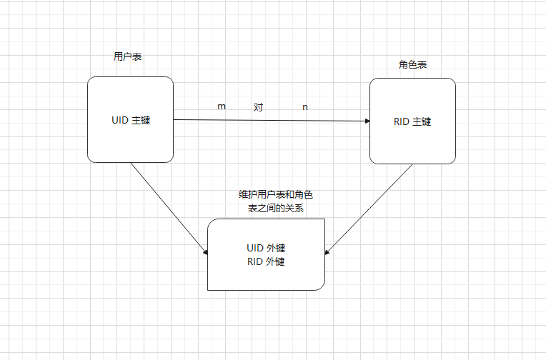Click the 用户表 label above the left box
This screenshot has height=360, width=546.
tap(127, 56)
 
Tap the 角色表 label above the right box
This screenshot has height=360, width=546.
tap(412, 64)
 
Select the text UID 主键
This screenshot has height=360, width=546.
tap(131, 120)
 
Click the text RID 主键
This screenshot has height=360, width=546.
tap(412, 121)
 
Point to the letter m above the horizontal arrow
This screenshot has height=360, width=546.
tap(222, 106)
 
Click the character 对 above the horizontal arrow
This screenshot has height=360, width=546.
tap(258, 107)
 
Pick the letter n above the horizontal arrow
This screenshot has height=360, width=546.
tap(305, 107)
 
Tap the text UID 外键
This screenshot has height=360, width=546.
tap(266, 249)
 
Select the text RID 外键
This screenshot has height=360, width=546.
tap(266, 261)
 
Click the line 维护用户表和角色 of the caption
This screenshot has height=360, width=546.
tap(276, 194)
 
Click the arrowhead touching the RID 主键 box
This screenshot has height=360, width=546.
tap(365, 121)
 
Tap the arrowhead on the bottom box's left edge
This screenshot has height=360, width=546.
tap(205, 252)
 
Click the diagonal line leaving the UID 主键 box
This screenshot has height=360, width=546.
tap(168, 207)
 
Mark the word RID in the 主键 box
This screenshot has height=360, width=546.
tap(402, 121)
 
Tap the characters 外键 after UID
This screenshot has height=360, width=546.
tap(276, 249)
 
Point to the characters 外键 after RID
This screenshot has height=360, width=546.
tap(276, 261)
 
